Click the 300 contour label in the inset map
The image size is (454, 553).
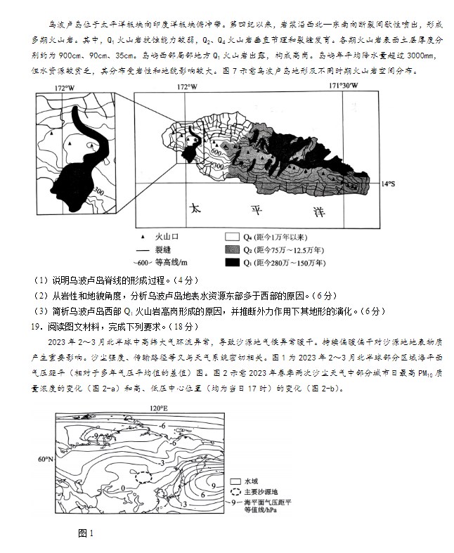[x=98, y=191]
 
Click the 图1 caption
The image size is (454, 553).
[x=86, y=533]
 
